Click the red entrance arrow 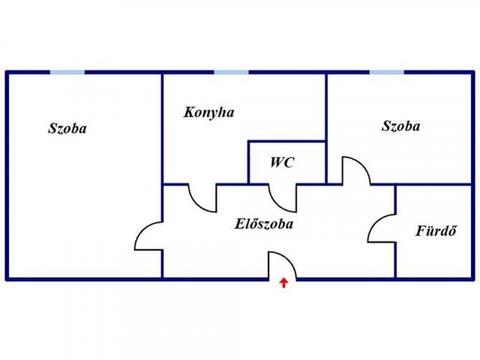coord(284,283)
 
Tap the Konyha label coord(209,112)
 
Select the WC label coord(282,162)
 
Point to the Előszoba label coord(264,223)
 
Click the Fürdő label coord(436,230)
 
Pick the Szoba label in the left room coord(67,128)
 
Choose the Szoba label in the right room coord(400,126)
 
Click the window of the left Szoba coord(67,73)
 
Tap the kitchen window coord(231,73)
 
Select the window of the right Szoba coord(387,73)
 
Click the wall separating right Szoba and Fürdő coord(433,184)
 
